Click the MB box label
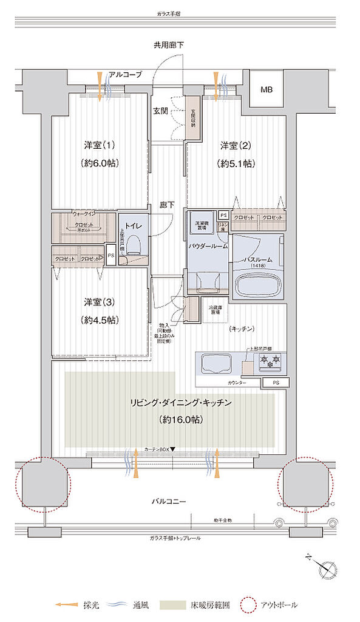(267, 90)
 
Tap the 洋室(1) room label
(100, 146)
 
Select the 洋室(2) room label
(236, 146)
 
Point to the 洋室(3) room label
(100, 302)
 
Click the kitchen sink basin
(217, 364)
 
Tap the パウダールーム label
(208, 245)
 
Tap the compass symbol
(328, 569)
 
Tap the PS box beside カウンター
(276, 383)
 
